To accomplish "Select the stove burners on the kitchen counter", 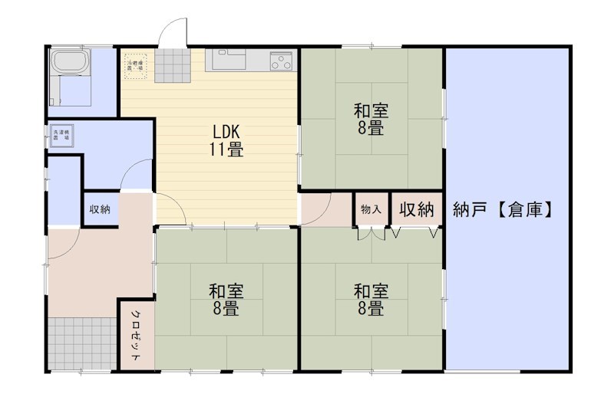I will (x=281, y=61).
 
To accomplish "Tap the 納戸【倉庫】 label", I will (x=503, y=208).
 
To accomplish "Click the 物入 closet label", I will (x=371, y=209).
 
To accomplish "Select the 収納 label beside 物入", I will (x=417, y=209).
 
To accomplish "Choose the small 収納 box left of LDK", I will (x=100, y=209).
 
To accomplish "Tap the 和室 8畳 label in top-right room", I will (x=371, y=119).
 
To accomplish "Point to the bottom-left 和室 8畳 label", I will (x=226, y=300).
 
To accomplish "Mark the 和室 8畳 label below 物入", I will (x=371, y=300).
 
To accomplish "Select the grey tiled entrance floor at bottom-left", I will (x=82, y=342).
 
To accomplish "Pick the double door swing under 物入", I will (x=370, y=233).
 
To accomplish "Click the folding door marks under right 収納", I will (x=415, y=232).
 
